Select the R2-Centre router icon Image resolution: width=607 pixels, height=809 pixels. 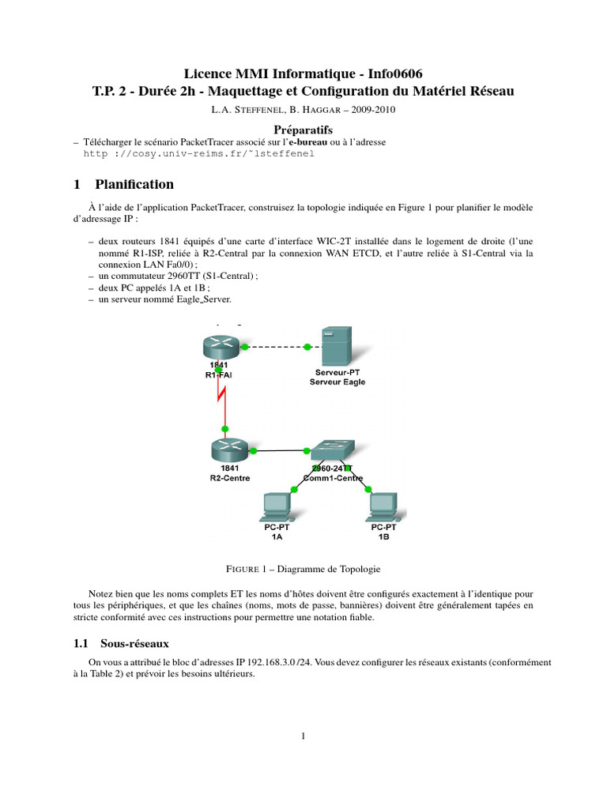click(225, 450)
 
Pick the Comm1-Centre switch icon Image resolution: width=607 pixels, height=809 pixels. click(330, 451)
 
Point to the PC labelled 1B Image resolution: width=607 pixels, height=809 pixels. click(383, 506)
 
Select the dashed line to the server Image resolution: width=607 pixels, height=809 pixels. click(276, 347)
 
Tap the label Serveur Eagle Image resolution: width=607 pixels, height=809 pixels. click(337, 382)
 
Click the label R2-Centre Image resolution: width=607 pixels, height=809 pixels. click(226, 478)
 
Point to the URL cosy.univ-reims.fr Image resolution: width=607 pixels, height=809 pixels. click(198, 153)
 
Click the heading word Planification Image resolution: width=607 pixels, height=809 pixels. click(134, 184)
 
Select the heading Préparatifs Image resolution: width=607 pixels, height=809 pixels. click(303, 129)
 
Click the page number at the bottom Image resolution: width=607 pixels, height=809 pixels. click(303, 737)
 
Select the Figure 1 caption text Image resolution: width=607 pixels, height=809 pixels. click(303, 568)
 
